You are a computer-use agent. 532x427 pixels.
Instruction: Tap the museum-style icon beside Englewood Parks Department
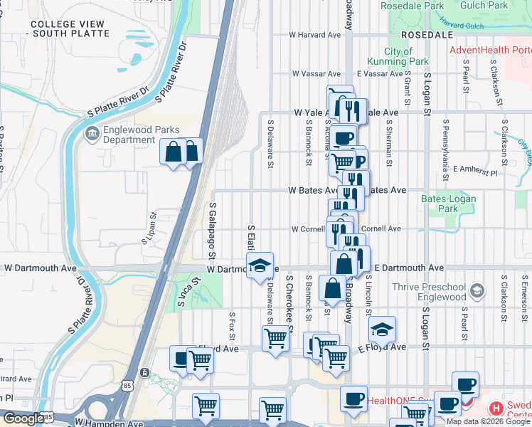tap(91, 134)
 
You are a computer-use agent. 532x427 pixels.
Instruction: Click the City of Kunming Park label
tap(408, 56)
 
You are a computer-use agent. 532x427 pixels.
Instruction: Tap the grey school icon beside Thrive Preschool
tap(477, 290)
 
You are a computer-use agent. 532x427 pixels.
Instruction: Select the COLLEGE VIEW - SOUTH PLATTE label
tap(70, 28)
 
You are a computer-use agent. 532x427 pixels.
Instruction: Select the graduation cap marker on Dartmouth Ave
tap(259, 265)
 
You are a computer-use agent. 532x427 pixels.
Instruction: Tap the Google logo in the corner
tap(23, 418)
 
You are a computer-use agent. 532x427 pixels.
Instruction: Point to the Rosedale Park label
tap(412, 5)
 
